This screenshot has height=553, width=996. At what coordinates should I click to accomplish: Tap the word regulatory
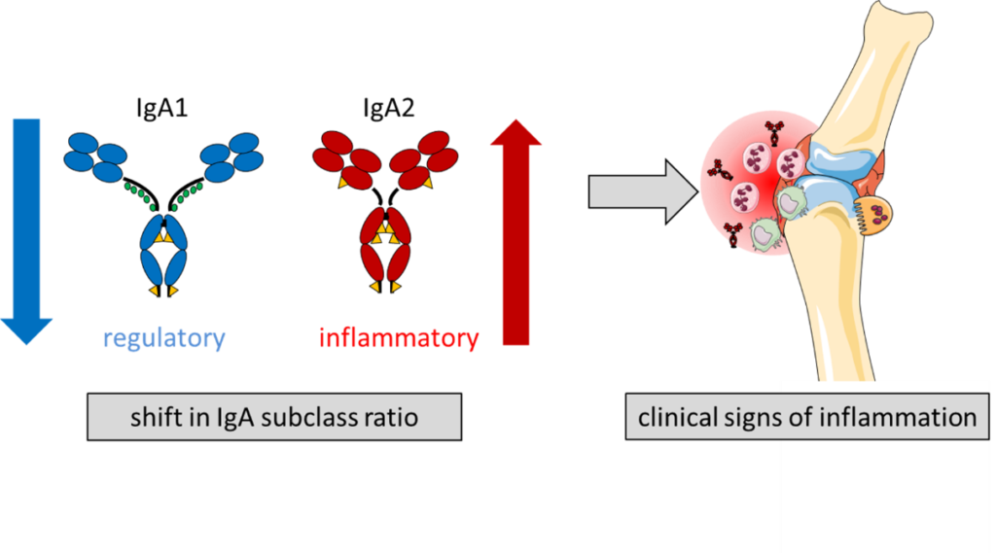164,338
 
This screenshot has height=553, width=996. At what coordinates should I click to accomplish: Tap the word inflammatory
399,338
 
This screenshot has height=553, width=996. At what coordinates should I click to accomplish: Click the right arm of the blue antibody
231,158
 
